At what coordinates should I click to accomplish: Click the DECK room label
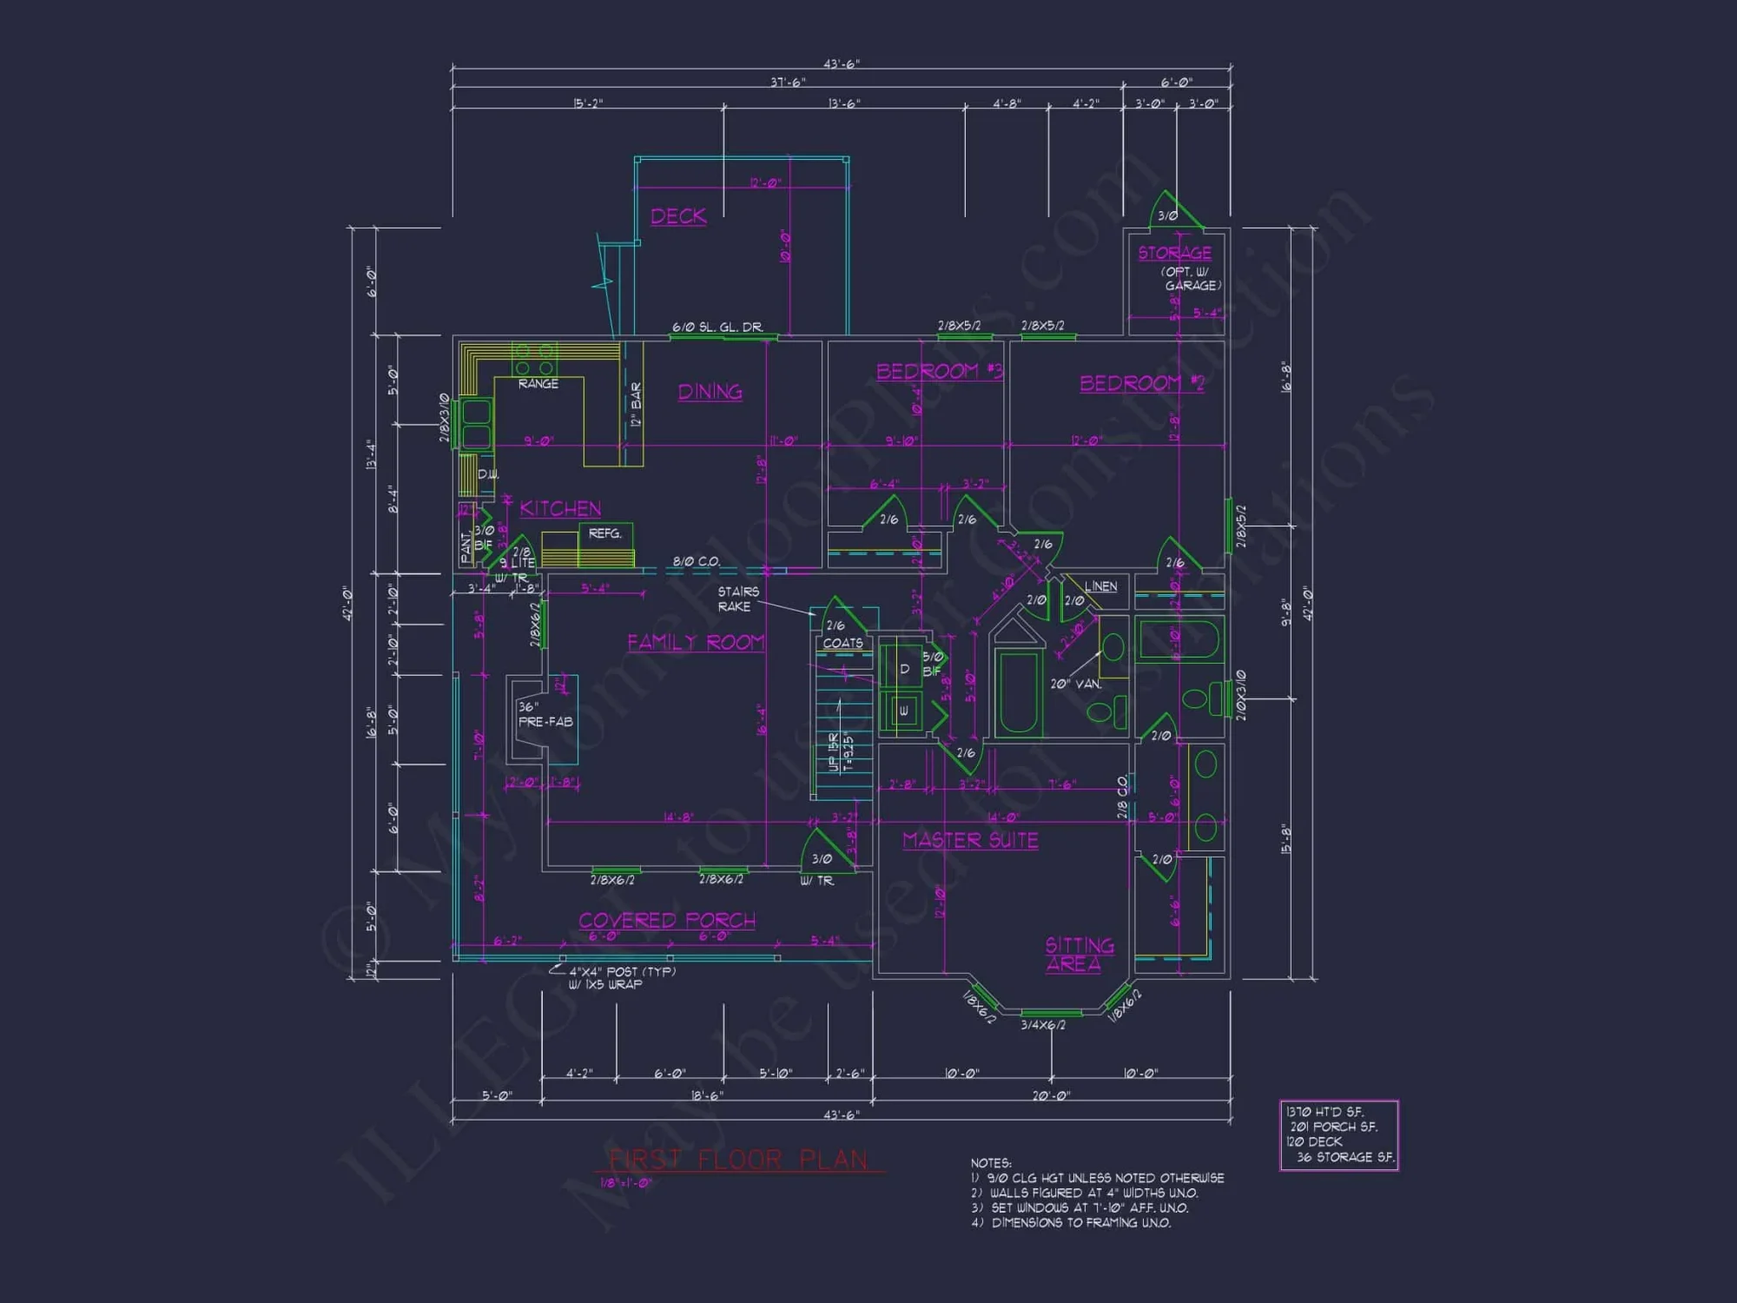coord(678,216)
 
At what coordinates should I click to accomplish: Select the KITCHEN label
coord(560,509)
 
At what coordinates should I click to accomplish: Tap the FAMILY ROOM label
coord(696,642)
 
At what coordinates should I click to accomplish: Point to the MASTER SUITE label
coord(970,840)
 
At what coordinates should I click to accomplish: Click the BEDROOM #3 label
coord(939,372)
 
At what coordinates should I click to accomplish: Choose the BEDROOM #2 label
coord(1141,383)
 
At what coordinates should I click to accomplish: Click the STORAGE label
coord(1174,253)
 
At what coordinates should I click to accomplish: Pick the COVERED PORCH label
coord(667,920)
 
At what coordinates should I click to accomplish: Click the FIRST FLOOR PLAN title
coord(737,1160)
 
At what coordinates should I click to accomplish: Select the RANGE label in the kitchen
coord(538,384)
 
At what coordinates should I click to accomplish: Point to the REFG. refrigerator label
coord(604,533)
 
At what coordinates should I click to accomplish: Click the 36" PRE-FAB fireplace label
coord(545,714)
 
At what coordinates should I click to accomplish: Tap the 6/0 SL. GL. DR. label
coord(717,327)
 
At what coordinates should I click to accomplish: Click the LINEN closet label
coord(1100,586)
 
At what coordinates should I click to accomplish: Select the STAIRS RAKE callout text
coord(737,599)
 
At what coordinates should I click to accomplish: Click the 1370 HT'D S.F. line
coord(1324,1112)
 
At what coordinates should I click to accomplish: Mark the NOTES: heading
coord(991,1162)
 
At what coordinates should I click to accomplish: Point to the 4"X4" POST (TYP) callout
coord(622,971)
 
